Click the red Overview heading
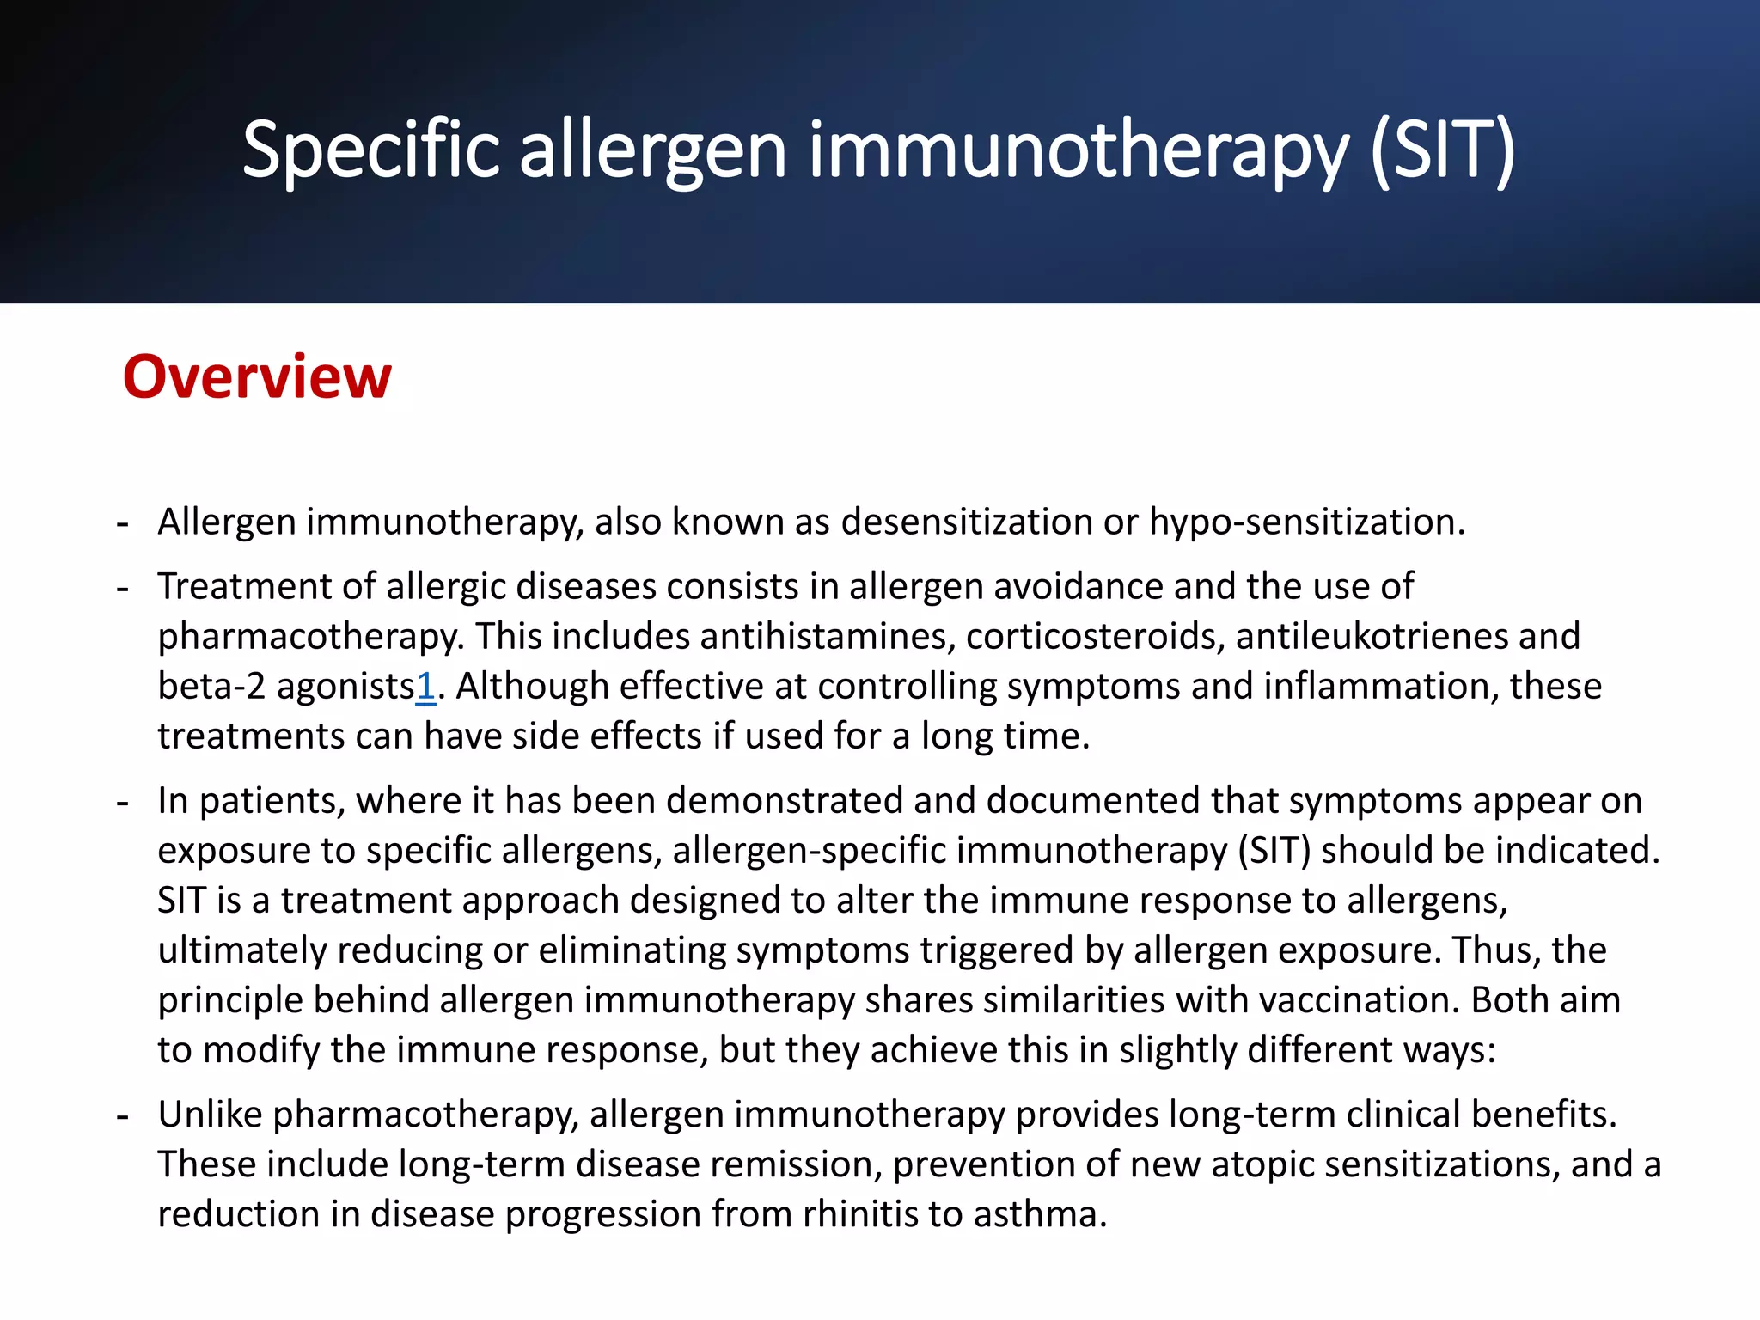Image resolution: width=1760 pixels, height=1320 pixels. (x=257, y=377)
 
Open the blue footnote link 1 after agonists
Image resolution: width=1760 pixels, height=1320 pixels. (x=425, y=687)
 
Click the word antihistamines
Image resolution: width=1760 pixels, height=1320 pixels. (x=827, y=637)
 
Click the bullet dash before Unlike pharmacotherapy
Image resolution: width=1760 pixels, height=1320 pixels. (x=123, y=1115)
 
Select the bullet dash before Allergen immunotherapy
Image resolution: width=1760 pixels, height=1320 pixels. (x=123, y=522)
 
